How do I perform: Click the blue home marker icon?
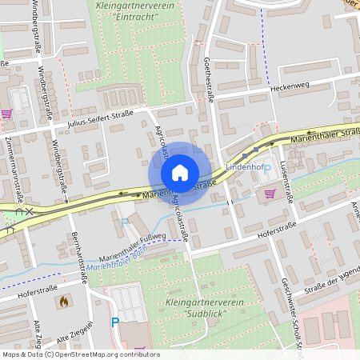point(180,173)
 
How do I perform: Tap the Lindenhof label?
point(244,166)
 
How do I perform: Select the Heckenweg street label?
point(290,86)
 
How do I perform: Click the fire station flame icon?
point(63,302)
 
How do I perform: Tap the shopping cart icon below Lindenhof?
point(270,193)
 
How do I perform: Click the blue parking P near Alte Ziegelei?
point(114,322)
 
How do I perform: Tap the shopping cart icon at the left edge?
point(7,114)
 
